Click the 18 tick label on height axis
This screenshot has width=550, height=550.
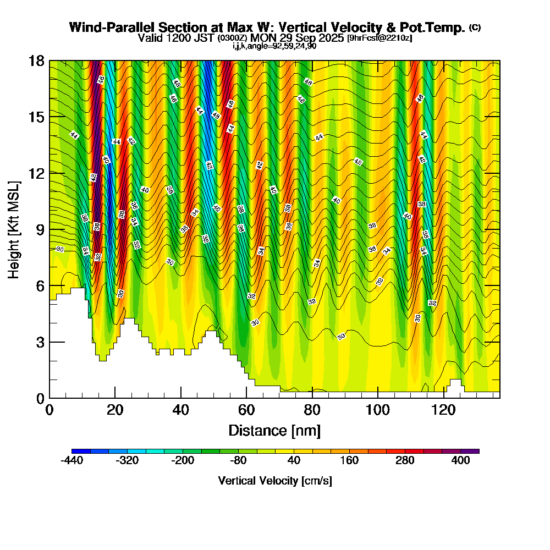coord(36,61)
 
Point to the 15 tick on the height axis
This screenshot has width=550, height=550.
coord(50,117)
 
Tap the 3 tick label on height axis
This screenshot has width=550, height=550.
coord(40,342)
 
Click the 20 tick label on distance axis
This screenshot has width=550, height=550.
coord(115,410)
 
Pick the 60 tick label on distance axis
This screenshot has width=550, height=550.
coord(246,410)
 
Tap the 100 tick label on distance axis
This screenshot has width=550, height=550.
coord(378,410)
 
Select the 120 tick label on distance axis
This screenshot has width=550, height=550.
coord(444,410)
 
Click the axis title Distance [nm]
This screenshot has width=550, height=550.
coord(274,430)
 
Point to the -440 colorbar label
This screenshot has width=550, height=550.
coord(71,461)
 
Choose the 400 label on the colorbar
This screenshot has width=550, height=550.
coord(461,461)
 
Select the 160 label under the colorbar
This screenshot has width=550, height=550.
coord(350,461)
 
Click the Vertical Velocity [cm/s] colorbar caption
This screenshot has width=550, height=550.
coord(275,481)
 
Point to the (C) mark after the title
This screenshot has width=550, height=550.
coord(475,27)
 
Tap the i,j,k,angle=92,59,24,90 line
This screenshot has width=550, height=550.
coord(274,46)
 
